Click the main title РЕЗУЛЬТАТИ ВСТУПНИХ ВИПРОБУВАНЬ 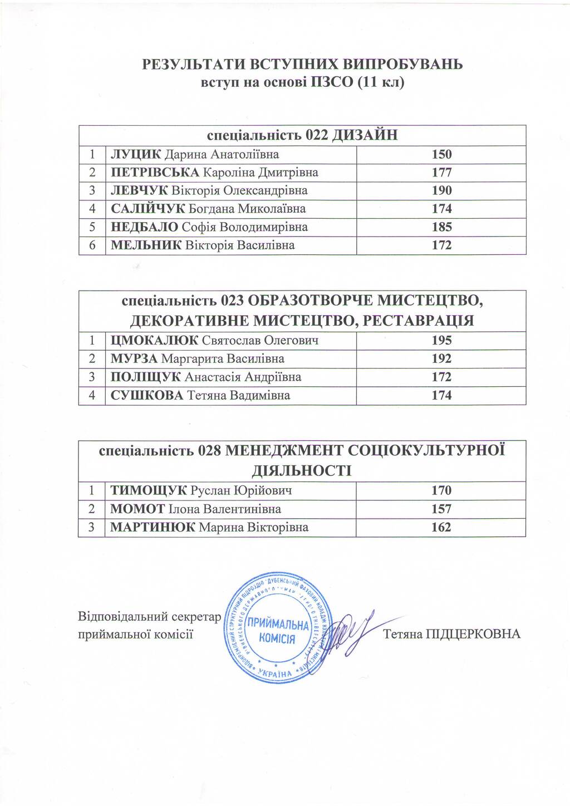[x=302, y=65]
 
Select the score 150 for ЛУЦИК [x=441, y=154]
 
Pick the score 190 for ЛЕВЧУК [x=441, y=191]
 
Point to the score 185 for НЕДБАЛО [x=441, y=227]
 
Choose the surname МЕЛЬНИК [x=146, y=245]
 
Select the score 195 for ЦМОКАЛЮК [x=441, y=341]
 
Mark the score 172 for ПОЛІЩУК [x=441, y=377]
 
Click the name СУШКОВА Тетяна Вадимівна [x=200, y=396]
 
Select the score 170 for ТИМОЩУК [x=441, y=491]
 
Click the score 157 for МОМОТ [x=441, y=509]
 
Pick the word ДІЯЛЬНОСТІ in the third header [x=302, y=471]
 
